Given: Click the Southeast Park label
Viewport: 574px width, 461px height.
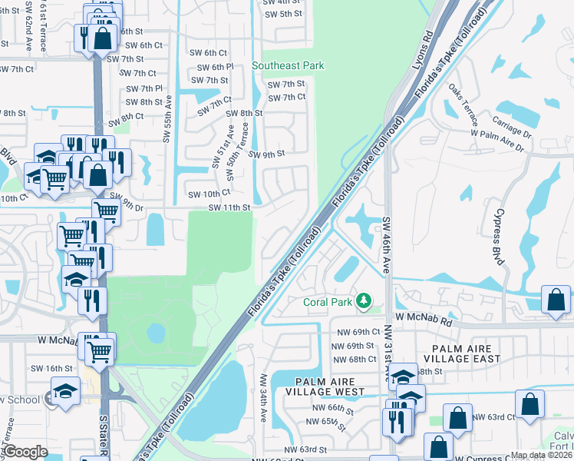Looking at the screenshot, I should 283,66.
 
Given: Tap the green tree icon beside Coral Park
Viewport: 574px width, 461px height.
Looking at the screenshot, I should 367,302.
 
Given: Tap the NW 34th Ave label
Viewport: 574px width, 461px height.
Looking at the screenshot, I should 264,398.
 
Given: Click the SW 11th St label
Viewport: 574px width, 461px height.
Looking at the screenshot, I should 229,207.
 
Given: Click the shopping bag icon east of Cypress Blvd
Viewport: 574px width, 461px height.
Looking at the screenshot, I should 556,301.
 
